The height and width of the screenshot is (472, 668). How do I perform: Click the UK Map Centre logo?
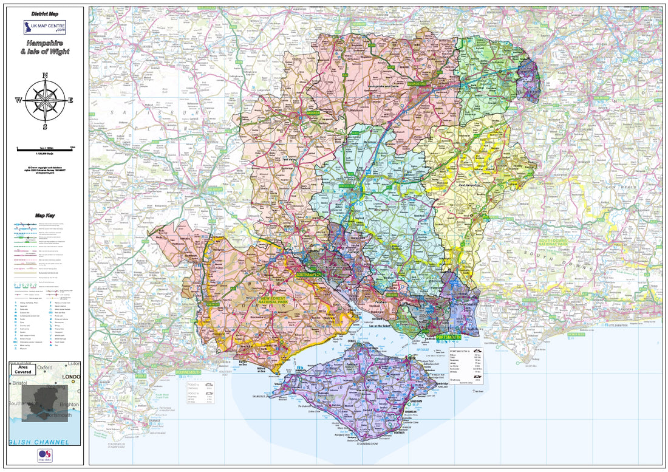44,27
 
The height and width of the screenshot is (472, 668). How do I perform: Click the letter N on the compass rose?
44,76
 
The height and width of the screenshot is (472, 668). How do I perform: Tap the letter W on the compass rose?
18,101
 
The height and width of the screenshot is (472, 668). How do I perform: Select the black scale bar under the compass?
44,149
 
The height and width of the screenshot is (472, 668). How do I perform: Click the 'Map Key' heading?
44,216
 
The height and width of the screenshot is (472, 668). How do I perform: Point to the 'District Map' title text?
44,13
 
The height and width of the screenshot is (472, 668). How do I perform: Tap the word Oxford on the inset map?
44,368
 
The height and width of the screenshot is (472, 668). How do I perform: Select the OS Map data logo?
44,454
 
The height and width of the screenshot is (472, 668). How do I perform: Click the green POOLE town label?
141,376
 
